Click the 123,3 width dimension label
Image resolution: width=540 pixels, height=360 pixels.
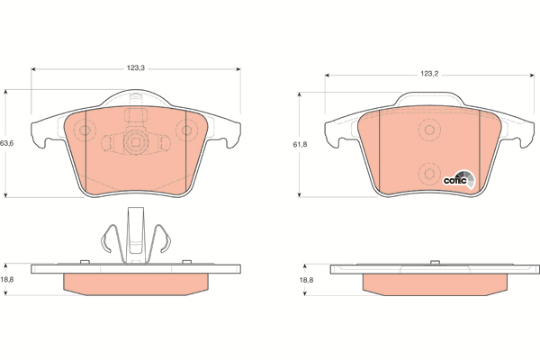(x=136, y=68)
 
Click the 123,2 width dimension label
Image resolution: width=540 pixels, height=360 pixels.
(x=429, y=74)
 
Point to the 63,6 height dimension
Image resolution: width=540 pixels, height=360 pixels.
(x=6, y=143)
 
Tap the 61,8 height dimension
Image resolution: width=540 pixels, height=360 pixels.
(x=300, y=145)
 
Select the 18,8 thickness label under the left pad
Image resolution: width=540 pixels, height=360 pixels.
(x=6, y=279)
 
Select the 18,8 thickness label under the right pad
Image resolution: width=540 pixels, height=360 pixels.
(x=306, y=280)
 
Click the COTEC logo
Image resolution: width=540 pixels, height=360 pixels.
(x=459, y=180)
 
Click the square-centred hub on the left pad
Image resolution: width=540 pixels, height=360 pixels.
(x=134, y=141)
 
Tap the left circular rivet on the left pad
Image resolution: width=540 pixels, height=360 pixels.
(x=84, y=130)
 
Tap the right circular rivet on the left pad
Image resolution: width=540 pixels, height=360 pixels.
(x=186, y=130)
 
